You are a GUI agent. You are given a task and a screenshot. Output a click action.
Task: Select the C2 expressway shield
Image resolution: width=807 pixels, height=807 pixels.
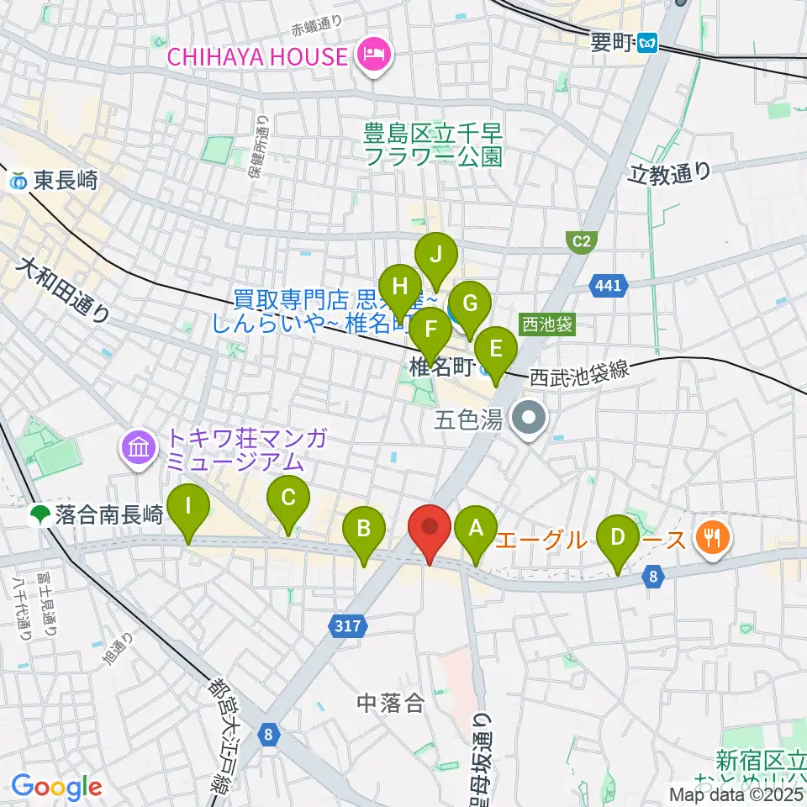coord(582,242)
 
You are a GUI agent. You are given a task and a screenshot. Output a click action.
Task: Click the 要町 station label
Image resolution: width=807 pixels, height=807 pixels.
coord(622,40)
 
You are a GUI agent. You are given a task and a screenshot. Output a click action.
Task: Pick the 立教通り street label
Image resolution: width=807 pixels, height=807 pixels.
coord(670,173)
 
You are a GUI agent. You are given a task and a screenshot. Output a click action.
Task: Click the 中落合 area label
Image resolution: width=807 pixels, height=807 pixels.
coord(392,702)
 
